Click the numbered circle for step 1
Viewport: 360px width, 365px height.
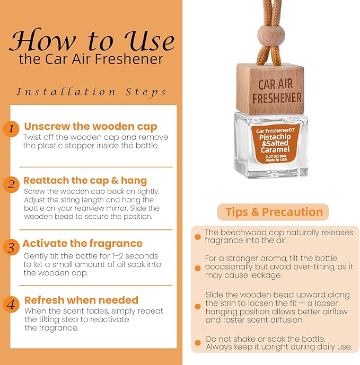[11, 129]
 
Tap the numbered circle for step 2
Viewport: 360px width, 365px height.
[11, 185]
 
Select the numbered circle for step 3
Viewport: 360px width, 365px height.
[11, 247]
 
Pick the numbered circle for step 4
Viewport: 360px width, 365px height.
[11, 304]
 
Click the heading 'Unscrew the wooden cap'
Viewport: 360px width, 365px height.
[91, 127]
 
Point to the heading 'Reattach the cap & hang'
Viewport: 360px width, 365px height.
[85, 181]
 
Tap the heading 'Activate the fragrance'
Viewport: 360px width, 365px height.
[83, 244]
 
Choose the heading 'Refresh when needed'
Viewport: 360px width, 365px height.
[81, 300]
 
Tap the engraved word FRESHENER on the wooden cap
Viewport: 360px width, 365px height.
[277, 98]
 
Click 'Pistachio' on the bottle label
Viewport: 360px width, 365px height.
[275, 137]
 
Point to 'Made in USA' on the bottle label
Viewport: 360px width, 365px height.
[276, 160]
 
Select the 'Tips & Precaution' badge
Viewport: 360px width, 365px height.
[273, 212]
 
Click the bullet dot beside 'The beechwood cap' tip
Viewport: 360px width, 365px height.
[198, 237]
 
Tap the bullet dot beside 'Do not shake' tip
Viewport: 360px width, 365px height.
[198, 343]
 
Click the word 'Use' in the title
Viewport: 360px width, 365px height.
[150, 40]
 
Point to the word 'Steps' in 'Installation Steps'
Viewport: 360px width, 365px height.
[146, 92]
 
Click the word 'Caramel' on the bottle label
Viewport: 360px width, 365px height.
[275, 150]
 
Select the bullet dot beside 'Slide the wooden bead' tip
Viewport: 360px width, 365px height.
[198, 306]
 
